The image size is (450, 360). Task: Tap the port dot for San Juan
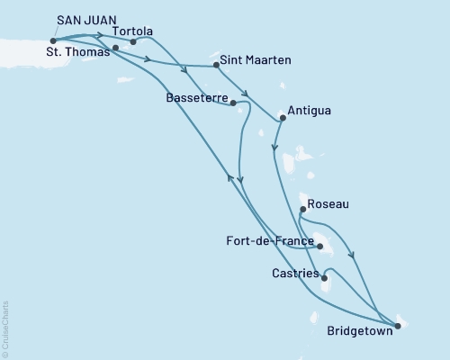coord(54,40)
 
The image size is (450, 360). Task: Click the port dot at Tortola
coord(133,41)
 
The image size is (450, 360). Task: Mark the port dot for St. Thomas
coord(116,48)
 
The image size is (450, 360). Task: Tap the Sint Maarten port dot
coord(216,66)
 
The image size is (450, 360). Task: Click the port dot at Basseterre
coord(233,103)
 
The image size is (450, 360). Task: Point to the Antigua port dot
coord(283,117)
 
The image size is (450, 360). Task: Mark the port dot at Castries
coord(323,277)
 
